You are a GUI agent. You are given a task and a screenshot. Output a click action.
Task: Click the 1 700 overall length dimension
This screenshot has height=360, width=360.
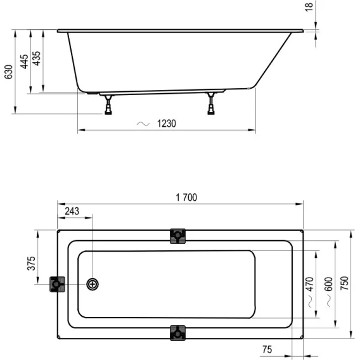186,198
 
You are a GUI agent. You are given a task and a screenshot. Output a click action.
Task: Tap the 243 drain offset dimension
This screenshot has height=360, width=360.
72,211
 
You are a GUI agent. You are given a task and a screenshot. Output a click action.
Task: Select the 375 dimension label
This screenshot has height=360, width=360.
32,263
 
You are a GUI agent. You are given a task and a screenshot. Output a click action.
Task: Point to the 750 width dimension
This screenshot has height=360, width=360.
344,283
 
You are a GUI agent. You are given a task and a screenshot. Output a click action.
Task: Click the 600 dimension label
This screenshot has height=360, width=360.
328,284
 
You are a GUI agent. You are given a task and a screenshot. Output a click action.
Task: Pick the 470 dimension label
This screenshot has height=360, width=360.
309,284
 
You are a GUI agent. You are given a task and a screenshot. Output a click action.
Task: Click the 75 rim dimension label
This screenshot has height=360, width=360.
267,349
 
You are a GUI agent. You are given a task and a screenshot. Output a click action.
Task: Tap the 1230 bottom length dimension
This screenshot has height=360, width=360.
167,124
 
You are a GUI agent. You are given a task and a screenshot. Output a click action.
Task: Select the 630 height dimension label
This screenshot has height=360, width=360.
8,72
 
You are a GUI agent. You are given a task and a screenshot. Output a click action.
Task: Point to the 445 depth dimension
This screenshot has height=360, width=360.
24,61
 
